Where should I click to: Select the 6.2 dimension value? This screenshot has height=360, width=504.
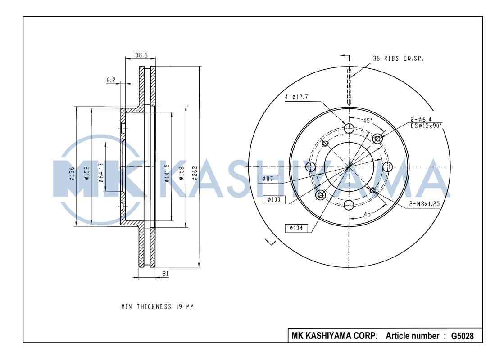point(111,80)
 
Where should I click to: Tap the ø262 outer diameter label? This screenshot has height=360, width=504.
point(194,173)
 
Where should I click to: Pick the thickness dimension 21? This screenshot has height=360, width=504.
point(165,273)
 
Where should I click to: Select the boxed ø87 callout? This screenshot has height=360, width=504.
point(268,179)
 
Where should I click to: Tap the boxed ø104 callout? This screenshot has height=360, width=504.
point(296,228)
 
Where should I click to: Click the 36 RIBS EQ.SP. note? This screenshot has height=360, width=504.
point(398,58)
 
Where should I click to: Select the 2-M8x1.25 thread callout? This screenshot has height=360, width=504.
point(424,203)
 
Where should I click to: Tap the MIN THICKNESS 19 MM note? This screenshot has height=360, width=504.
point(158,306)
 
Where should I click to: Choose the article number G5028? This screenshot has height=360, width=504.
point(462,336)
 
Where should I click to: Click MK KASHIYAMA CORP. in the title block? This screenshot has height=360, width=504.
point(335,336)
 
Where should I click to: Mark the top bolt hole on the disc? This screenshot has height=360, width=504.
point(349,128)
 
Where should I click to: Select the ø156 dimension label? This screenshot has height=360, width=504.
point(72,173)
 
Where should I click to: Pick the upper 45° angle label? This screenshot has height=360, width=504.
point(368,121)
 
